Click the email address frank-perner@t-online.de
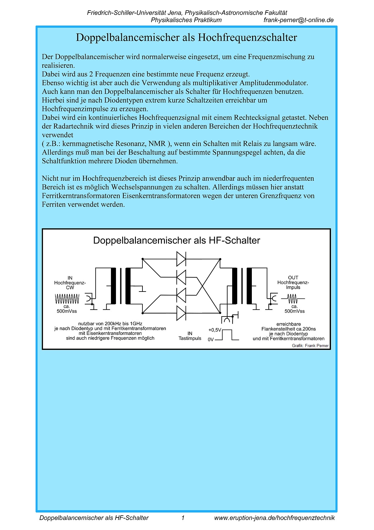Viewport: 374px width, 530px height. tap(298, 20)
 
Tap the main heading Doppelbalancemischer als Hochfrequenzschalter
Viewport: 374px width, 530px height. tap(186, 38)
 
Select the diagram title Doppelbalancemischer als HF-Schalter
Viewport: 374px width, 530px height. tap(176, 241)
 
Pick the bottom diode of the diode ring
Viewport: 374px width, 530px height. tap(181, 313)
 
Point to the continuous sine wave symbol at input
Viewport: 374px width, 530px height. tap(67, 299)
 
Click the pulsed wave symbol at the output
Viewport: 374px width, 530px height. tap(293, 299)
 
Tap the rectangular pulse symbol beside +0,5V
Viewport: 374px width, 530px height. tap(227, 335)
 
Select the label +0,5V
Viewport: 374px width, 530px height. tap(214, 330)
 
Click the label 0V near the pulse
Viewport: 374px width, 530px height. tap(211, 340)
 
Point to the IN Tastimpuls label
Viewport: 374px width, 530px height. tap(190, 336)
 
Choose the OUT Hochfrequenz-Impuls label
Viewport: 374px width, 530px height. tap(293, 282)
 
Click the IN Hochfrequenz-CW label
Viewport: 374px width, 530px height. tap(70, 283)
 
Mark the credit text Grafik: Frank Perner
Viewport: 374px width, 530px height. tap(310, 346)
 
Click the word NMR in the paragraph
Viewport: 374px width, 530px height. tap(157, 144)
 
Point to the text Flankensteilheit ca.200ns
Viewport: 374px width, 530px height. tap(289, 329)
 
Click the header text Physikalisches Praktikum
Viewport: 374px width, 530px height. tap(186, 20)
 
